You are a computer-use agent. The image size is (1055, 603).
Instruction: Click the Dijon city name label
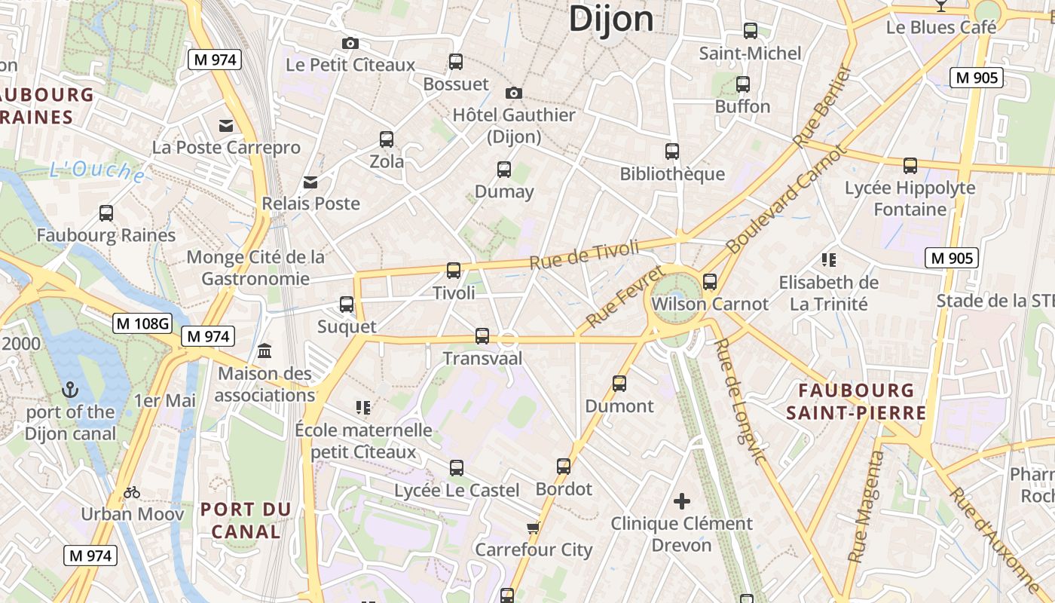tap(610, 18)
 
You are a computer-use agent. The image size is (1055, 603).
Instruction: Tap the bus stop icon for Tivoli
tap(454, 270)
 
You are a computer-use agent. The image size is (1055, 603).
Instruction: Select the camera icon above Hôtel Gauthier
tap(514, 93)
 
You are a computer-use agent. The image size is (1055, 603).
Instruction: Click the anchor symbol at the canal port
tap(69, 390)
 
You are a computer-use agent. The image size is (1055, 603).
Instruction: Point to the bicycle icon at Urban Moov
tap(132, 492)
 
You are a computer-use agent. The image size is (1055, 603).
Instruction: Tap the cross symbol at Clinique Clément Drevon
tap(682, 501)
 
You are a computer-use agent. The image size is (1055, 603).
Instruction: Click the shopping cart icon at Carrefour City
tap(534, 528)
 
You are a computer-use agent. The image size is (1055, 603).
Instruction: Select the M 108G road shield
tap(142, 324)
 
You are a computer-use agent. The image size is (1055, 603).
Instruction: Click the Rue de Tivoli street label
tap(584, 255)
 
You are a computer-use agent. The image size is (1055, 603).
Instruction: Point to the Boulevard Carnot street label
tap(787, 199)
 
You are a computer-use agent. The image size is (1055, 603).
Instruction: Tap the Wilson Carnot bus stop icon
tap(710, 282)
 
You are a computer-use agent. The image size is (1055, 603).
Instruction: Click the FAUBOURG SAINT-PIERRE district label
tap(857, 402)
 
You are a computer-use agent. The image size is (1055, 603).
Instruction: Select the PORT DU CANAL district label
tap(246, 520)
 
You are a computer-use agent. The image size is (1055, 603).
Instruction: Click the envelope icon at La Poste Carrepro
tap(226, 125)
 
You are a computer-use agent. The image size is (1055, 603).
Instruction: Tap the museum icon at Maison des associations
tap(265, 350)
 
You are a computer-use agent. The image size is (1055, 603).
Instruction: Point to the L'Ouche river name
tap(97, 172)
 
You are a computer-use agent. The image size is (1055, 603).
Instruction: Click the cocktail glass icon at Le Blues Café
tap(940, 5)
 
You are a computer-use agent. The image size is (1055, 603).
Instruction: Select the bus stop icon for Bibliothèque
tap(672, 152)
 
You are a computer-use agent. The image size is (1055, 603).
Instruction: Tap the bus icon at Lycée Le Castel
tap(457, 468)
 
